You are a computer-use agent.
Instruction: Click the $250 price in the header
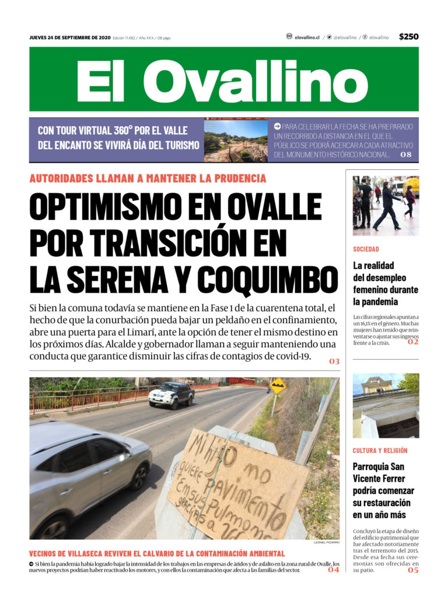(408, 37)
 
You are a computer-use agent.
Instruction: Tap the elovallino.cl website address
(307, 37)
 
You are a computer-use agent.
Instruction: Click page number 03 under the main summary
(334, 361)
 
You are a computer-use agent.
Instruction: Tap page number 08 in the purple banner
(406, 155)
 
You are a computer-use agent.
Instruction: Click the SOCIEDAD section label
(366, 249)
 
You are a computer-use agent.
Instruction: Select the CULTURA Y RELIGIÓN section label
(380, 451)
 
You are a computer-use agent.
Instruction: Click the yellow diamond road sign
(278, 385)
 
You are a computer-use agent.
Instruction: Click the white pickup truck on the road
(171, 395)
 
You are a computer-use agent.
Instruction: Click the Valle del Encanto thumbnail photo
(236, 141)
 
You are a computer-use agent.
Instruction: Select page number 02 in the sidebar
(413, 342)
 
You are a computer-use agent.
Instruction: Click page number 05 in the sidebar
(413, 570)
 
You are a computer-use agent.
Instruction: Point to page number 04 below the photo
(333, 570)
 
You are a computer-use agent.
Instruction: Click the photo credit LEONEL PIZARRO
(326, 542)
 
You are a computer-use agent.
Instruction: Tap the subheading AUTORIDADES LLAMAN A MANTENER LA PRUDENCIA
(148, 179)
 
